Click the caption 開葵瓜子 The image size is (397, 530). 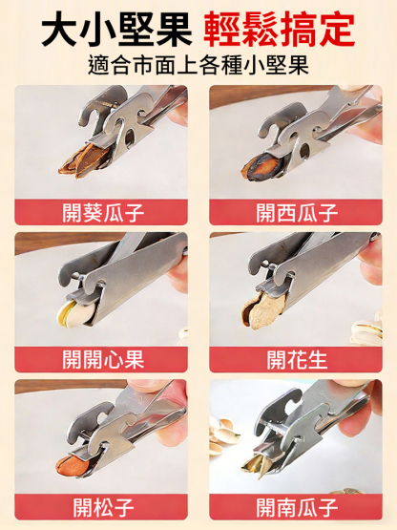tap(101, 211)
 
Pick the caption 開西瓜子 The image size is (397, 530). tap(295, 211)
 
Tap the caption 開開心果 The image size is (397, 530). tap(101, 359)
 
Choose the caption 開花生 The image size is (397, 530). tap(295, 359)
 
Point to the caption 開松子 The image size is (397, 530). tap(101, 506)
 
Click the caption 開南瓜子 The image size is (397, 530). tap(295, 506)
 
